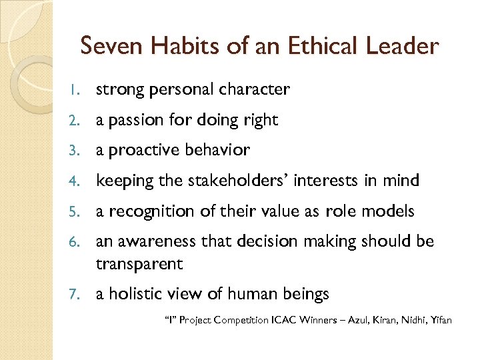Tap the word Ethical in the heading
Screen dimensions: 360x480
coord(315,46)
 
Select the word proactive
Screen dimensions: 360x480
coord(140,151)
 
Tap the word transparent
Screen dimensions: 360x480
coord(139,264)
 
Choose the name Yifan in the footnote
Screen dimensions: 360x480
coord(441,321)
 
